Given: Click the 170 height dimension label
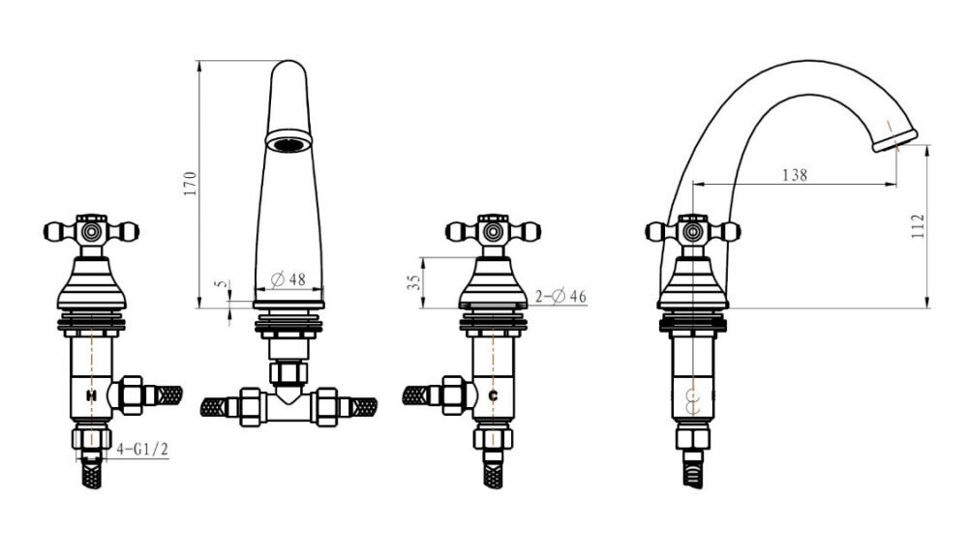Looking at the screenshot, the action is click(x=190, y=184).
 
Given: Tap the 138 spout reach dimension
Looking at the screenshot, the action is click(x=795, y=175).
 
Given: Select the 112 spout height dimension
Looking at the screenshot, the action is click(x=919, y=226).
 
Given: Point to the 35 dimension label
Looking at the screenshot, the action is click(x=415, y=282).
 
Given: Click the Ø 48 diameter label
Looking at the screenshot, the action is click(x=288, y=279).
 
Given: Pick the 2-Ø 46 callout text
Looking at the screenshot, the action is click(x=560, y=297).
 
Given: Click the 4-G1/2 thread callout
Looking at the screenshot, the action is click(x=142, y=450).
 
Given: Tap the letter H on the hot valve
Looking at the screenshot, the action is click(x=91, y=395).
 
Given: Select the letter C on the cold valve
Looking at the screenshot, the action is click(x=493, y=396).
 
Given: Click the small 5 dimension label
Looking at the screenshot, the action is click(x=222, y=284).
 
